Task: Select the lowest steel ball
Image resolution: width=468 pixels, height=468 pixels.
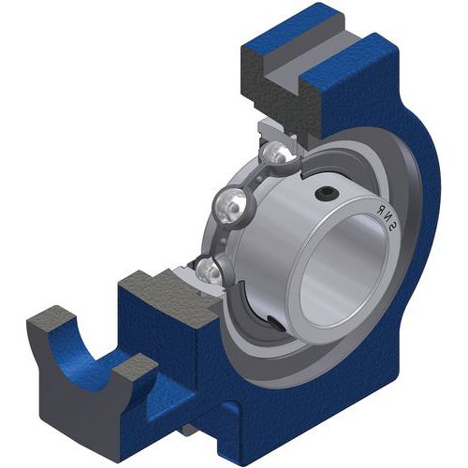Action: click(208, 271)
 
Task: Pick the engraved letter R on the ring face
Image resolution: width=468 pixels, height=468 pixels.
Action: click(380, 210)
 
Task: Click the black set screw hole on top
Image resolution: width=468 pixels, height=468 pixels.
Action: click(327, 195)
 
